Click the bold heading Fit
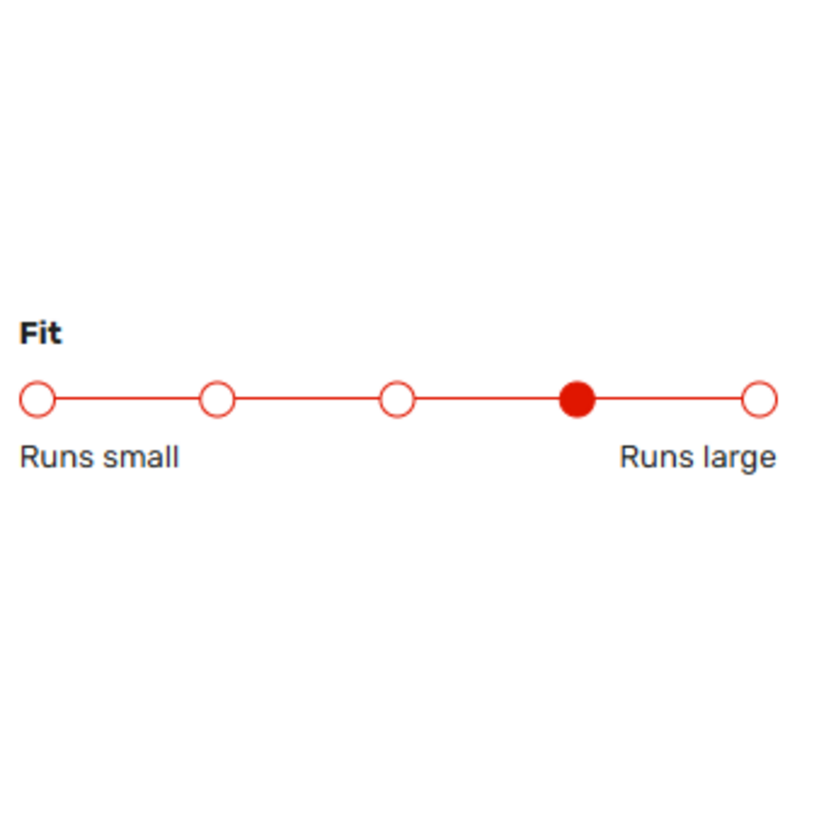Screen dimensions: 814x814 [41, 333]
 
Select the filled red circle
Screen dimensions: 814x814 [577, 399]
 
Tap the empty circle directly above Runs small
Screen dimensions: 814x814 [37, 399]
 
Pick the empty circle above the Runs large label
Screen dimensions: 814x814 [759, 399]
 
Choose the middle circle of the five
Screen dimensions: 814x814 [397, 399]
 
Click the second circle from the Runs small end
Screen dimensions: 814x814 [217, 399]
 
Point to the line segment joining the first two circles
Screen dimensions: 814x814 [128, 399]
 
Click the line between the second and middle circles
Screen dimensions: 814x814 [307, 399]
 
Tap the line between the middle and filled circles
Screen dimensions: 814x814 [487, 399]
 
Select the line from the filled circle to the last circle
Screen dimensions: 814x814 [669, 399]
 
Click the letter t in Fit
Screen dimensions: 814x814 [56, 334]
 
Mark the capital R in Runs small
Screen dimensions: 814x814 [28, 457]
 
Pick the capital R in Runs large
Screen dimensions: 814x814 [628, 457]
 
